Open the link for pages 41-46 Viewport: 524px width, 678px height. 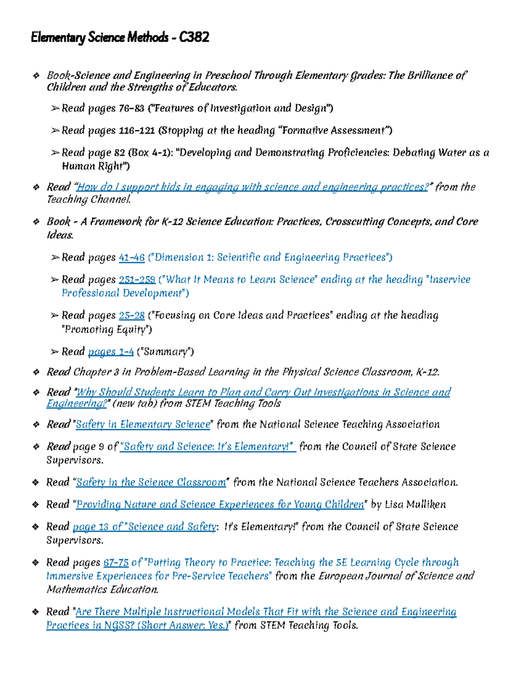click(x=131, y=258)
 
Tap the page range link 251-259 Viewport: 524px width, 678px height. click(x=137, y=279)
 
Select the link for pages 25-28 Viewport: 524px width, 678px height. click(x=131, y=315)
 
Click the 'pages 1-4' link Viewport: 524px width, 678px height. click(x=111, y=351)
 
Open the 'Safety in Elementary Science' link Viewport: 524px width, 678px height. click(x=143, y=424)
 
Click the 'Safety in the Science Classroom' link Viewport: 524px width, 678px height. click(x=151, y=482)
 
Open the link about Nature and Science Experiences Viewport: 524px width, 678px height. click(x=220, y=505)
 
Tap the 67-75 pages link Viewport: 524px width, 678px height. click(x=116, y=562)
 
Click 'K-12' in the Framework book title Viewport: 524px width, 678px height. click(x=172, y=222)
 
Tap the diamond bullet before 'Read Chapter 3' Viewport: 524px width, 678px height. click(x=36, y=372)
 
